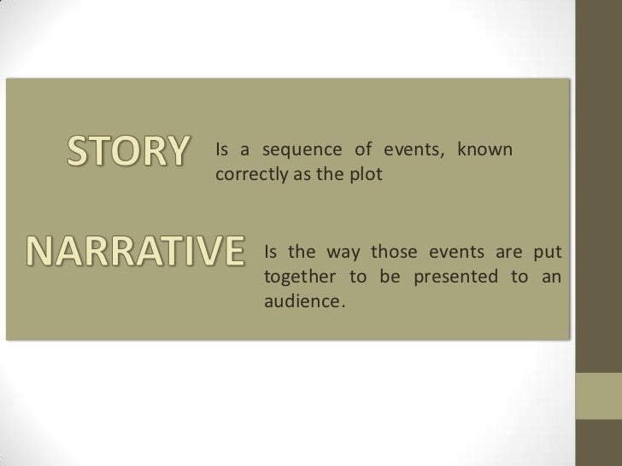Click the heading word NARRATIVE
click(x=123, y=250)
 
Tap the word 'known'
click(x=484, y=151)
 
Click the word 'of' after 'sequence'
click(x=363, y=151)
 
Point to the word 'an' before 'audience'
click(x=551, y=278)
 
